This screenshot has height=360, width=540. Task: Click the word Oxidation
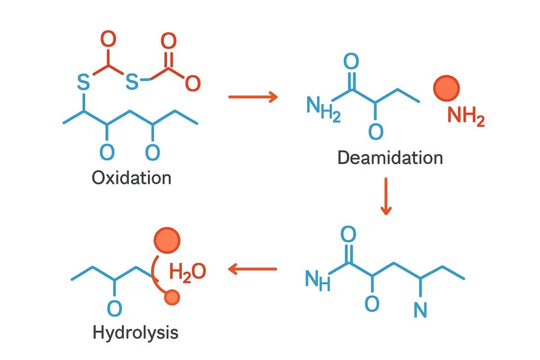point(131,178)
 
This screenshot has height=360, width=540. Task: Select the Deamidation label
point(390,158)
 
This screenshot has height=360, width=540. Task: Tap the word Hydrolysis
point(135,333)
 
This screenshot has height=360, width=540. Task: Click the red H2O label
point(187,272)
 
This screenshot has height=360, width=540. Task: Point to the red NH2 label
point(466,117)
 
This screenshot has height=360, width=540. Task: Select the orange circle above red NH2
point(446,88)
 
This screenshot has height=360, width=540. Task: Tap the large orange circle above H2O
point(167,239)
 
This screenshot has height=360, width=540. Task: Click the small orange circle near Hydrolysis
point(172,297)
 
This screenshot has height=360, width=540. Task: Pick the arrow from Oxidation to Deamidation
point(253,96)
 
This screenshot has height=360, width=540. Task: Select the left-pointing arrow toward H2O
point(252,269)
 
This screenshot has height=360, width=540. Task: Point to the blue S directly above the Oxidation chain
point(83,81)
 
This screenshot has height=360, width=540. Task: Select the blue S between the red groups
point(132,81)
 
